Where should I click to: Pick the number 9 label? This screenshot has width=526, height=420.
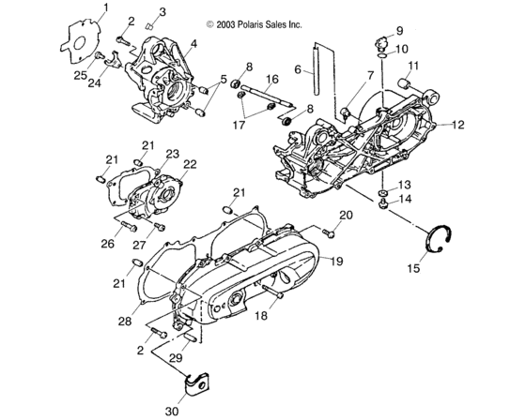(397, 30)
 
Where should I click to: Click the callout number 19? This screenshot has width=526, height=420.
(336, 261)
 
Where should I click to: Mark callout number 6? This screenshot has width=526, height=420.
(297, 70)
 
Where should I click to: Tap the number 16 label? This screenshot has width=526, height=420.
(271, 78)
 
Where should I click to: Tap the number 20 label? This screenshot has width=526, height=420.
(346, 216)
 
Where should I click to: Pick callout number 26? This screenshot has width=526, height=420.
(108, 244)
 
